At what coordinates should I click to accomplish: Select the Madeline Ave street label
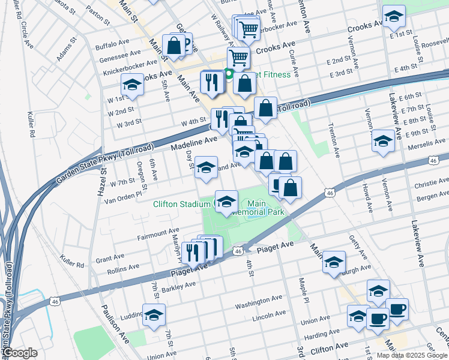[x=193, y=143]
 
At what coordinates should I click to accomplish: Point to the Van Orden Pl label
[x=125, y=194]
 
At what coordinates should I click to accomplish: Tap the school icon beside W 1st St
[x=133, y=85]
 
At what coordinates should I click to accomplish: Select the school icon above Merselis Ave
[x=383, y=141]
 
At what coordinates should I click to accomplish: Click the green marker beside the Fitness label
[x=229, y=74]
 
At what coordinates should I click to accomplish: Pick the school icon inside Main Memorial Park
[x=226, y=201]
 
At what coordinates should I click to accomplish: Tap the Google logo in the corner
[x=20, y=353]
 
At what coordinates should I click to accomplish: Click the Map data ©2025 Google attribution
[x=411, y=355]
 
